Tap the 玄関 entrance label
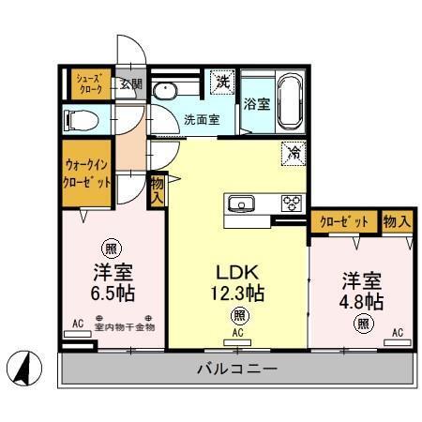pos(130,83)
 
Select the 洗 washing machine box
pos(222,82)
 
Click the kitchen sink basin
pos(240,203)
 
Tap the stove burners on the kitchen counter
pos(291,203)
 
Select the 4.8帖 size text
pos(361,301)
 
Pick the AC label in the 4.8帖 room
pos(398,333)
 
